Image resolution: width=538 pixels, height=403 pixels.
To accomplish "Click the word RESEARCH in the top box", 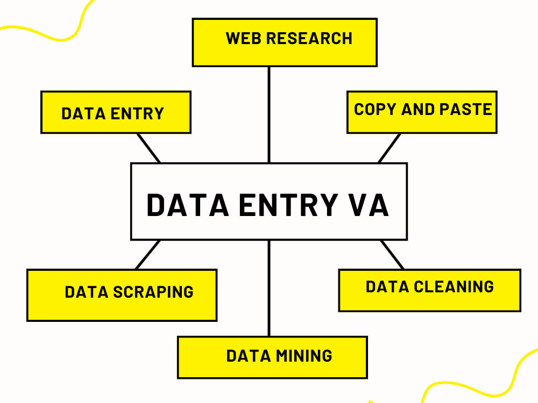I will point(309,39).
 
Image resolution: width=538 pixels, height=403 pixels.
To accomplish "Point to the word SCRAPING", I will point(153,292).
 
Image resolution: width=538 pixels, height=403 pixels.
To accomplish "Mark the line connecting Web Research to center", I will point(269,114).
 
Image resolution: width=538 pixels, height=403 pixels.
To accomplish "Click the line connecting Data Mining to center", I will point(269,288).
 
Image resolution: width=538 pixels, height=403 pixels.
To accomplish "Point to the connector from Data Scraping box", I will point(148,254).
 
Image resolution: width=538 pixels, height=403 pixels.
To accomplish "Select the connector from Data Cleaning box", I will point(392,254).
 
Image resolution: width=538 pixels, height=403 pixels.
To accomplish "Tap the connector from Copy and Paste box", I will point(390,148).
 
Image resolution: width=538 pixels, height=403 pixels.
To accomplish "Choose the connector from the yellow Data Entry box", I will point(148,148).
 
